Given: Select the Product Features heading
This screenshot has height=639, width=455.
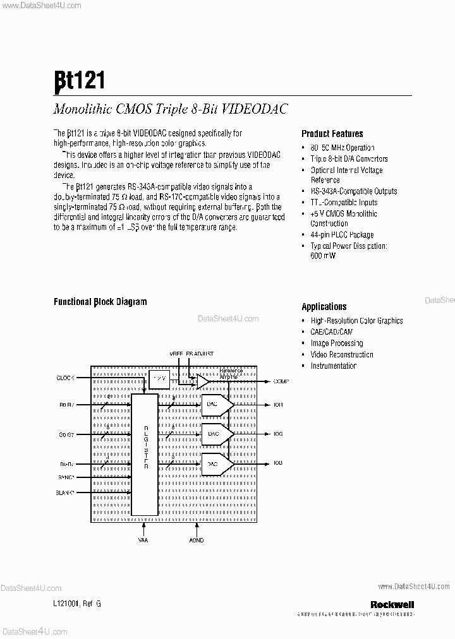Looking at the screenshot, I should [332, 134].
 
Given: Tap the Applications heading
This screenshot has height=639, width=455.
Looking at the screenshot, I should [324, 307].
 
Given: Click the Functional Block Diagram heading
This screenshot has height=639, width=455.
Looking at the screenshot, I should [100, 302].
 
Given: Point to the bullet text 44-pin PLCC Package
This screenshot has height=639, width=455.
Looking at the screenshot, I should [342, 235].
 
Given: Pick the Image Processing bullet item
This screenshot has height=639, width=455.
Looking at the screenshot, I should [336, 343].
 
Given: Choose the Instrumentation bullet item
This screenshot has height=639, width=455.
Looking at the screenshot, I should [333, 366].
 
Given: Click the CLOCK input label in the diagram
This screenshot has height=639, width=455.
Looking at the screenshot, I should [66, 378].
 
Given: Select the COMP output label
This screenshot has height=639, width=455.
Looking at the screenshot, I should [281, 381].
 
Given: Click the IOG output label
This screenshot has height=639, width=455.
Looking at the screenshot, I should [278, 434].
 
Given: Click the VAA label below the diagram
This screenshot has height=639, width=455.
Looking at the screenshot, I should [143, 540].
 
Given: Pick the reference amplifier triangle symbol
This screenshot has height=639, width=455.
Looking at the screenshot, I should [203, 381].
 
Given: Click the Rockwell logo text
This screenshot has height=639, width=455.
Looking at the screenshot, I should [392, 604].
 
